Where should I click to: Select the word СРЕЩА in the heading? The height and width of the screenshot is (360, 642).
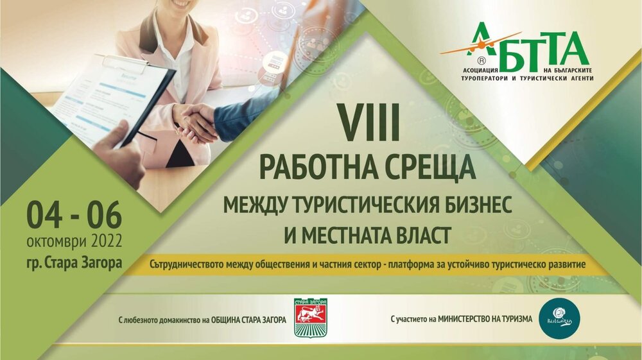[424, 168]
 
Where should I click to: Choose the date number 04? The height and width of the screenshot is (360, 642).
[46, 217]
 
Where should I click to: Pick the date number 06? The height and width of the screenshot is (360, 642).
[102, 217]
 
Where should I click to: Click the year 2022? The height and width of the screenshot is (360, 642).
[98, 243]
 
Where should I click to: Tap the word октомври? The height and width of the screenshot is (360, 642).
[51, 243]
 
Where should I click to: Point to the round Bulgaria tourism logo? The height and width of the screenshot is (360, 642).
[557, 318]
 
